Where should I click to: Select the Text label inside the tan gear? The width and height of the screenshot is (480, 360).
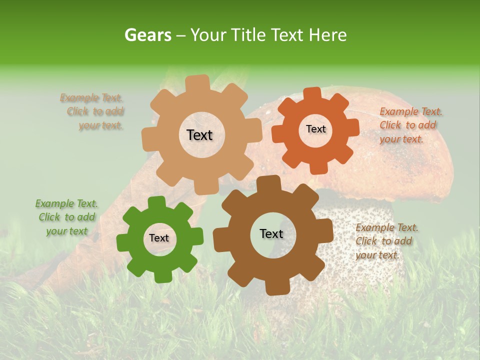coord(199,135)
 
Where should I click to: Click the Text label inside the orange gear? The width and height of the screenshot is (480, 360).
coord(315,129)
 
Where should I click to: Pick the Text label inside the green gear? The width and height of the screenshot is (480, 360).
coord(159,238)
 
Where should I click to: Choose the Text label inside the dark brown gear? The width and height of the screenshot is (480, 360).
coord(271,234)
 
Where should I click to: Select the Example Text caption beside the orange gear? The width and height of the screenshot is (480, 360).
coord(410,125)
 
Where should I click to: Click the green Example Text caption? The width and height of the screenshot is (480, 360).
coord(66,217)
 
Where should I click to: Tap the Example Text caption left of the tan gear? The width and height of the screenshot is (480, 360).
coord(92,111)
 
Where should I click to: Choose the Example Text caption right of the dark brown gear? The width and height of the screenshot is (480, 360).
coord(386,241)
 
